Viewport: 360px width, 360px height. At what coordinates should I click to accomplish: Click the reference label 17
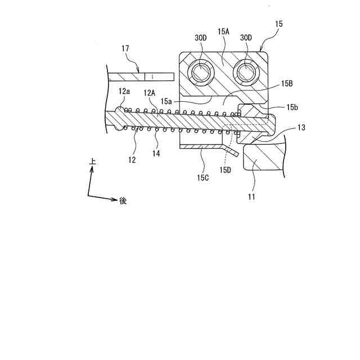[125, 49]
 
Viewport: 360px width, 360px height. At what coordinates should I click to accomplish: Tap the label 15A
[224, 32]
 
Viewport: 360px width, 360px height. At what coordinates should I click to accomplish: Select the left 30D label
[201, 38]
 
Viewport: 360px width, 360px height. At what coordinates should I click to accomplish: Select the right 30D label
[246, 38]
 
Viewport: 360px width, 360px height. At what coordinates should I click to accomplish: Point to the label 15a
[165, 101]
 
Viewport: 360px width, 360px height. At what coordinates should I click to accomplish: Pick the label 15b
[292, 107]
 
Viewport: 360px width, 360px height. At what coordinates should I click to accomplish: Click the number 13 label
[301, 128]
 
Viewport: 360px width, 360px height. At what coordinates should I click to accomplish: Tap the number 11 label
[251, 197]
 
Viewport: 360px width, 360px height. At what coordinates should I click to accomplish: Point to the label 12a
[124, 91]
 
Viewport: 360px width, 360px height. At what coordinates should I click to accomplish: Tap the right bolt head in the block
[246, 71]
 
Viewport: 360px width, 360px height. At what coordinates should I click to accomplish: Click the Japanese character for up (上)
[93, 161]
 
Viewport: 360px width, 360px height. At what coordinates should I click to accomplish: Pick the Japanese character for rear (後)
[123, 200]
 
